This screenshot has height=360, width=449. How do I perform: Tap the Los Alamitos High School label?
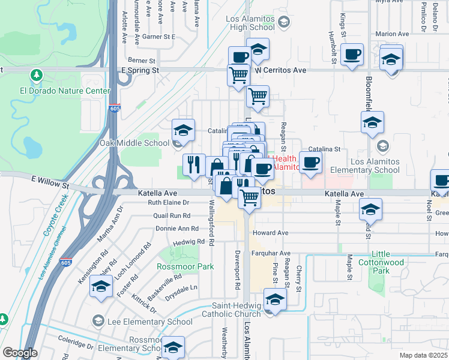pos(251,23)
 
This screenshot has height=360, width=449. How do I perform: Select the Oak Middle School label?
pos(135,143)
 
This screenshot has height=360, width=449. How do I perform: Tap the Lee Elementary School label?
pos(149,322)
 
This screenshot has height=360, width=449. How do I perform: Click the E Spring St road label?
pos(140,70)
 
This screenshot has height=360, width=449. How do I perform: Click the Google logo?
pos(20,353)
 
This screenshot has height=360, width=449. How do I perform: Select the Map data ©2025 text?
pos(423,355)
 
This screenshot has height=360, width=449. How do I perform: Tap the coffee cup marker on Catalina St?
pos(310,163)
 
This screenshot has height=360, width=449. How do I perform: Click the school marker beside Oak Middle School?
pos(184,130)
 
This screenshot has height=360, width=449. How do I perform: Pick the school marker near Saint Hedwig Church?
pos(275,299)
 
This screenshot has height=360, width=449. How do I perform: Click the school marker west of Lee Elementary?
pos(101,288)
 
